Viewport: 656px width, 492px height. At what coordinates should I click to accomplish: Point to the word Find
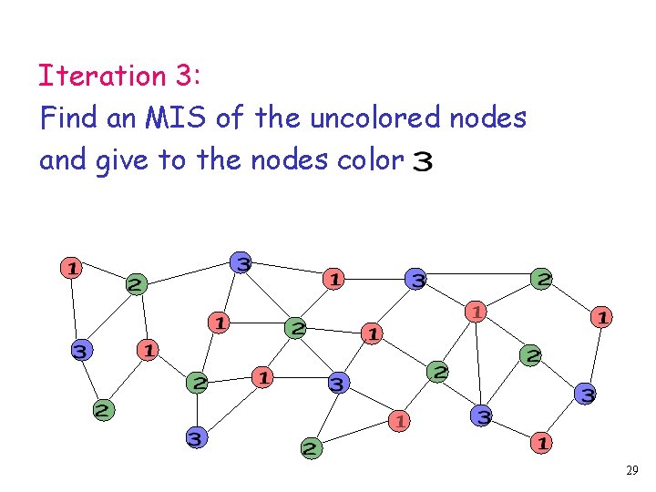tap(69, 118)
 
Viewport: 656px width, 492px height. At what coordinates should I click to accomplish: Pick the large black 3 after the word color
tap(424, 162)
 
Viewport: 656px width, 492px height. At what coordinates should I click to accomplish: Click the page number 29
tap(632, 471)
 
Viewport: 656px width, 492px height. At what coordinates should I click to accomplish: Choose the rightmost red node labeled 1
tap(601, 317)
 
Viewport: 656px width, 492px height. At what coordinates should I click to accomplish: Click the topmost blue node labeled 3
tap(241, 263)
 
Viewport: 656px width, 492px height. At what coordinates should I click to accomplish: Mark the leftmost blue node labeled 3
tap(81, 351)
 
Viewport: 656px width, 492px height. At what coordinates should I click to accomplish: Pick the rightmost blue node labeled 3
tap(587, 395)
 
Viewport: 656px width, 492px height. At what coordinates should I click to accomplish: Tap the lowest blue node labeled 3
tap(195, 439)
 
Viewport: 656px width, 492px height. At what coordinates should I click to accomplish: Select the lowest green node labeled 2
tap(311, 447)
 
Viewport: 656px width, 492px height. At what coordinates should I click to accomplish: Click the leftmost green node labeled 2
tap(104, 410)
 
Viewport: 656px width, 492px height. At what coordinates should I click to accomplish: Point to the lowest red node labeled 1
tap(540, 444)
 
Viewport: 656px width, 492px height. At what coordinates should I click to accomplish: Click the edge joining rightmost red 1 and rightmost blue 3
tap(594, 355)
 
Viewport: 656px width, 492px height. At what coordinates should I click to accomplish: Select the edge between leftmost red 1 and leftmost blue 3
tap(76, 309)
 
